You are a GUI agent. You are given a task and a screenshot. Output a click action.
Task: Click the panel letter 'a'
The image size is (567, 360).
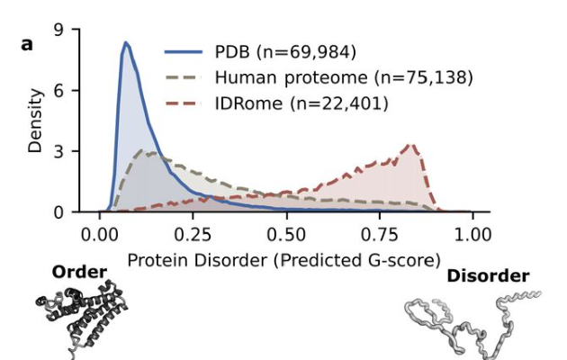pyautogui.click(x=27, y=44)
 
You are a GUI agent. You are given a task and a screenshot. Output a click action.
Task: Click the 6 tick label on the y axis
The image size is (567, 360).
pyautogui.click(x=58, y=90)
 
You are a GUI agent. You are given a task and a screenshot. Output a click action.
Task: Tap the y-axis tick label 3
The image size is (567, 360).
pyautogui.click(x=58, y=151)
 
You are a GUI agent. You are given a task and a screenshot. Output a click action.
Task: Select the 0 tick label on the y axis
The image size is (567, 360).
pyautogui.click(x=58, y=212)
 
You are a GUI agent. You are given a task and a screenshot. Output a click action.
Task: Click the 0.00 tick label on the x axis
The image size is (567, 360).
pyautogui.click(x=99, y=235)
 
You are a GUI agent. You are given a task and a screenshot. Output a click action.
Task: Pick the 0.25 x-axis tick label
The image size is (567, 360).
pyautogui.click(x=193, y=235)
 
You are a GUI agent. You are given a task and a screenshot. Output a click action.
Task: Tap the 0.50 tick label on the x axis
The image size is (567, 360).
pyautogui.click(x=286, y=235)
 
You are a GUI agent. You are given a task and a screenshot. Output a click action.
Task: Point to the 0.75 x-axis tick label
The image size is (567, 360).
pyautogui.click(x=379, y=235)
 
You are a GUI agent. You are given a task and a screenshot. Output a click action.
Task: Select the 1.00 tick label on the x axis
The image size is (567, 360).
pyautogui.click(x=472, y=235)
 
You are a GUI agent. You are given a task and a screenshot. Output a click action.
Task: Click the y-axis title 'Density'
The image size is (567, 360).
pyautogui.click(x=35, y=121)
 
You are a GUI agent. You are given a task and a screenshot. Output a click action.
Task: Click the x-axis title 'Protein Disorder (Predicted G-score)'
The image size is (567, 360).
pyautogui.click(x=284, y=260)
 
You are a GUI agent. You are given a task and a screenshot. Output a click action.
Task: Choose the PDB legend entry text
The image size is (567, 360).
pyautogui.click(x=285, y=51)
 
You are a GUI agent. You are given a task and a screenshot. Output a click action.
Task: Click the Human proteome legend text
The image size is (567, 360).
pyautogui.click(x=344, y=77)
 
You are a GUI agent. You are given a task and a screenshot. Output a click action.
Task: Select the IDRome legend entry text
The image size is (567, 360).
pyautogui.click(x=301, y=103)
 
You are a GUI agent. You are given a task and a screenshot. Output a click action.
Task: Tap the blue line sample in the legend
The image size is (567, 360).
pyautogui.click(x=184, y=52)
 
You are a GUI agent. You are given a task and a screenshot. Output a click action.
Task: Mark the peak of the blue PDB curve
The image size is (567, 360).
pyautogui.click(x=125, y=42)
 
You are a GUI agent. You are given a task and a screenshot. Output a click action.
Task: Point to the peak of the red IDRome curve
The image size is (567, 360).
pyautogui.click(x=411, y=145)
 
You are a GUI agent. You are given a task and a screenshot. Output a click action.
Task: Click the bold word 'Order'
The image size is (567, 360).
pyautogui.click(x=79, y=272)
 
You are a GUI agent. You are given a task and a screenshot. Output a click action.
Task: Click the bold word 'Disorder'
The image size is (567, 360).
pyautogui.click(x=488, y=276)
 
